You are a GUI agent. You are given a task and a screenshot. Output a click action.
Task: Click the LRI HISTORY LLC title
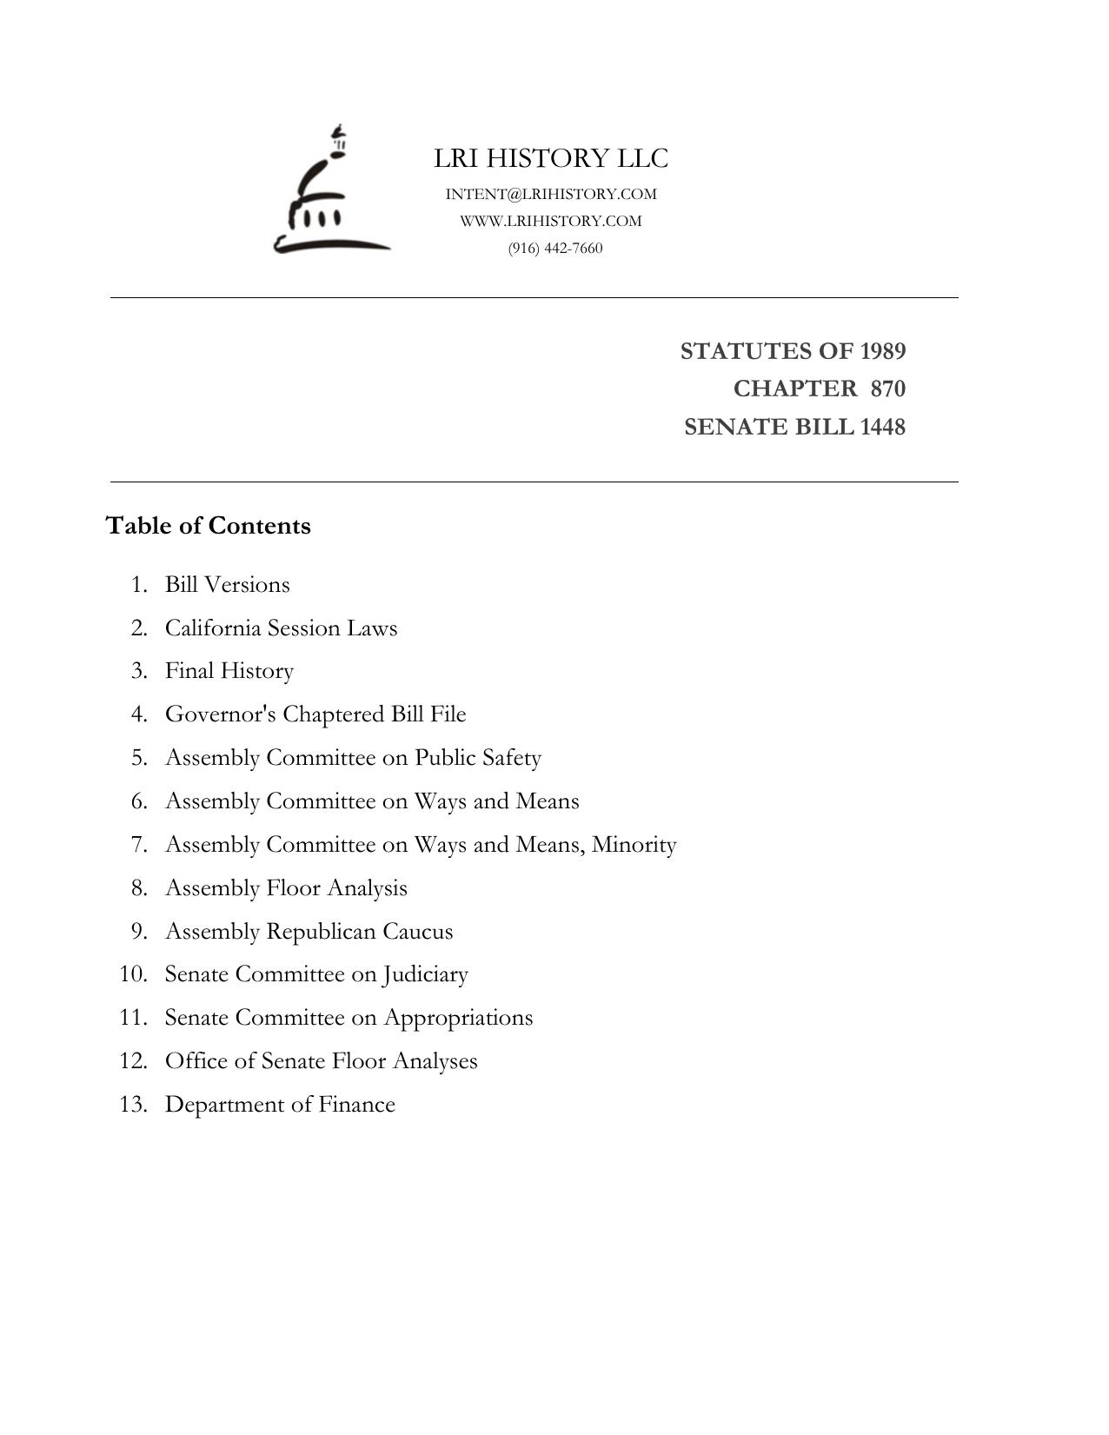coord(551,158)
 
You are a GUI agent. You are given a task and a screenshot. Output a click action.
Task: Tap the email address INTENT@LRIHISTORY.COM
coord(551,194)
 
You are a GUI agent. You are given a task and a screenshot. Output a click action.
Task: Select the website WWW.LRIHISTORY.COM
coord(551,221)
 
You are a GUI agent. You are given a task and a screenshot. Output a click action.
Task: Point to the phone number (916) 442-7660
coord(555,248)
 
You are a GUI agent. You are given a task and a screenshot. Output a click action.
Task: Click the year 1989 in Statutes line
coord(883,351)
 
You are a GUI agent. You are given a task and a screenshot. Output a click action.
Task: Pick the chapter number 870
coord(887,389)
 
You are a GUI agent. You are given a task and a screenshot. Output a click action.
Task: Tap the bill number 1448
coord(883,427)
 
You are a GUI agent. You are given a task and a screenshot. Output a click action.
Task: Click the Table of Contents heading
coord(208,526)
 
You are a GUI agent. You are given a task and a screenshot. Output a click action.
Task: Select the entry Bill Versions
coord(228,584)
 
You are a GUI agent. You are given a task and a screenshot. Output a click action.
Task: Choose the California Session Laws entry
coord(281,628)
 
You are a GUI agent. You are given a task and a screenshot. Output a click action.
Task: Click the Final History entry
coord(229,671)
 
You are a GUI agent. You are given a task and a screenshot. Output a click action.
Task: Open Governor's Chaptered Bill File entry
coord(315,714)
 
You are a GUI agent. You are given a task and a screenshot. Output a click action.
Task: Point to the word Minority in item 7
coord(634,845)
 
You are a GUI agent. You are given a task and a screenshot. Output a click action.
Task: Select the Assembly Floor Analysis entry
coord(286,888)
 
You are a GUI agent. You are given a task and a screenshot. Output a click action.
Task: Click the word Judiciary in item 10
coord(426,974)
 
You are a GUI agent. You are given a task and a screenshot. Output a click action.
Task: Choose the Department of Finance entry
coord(280,1105)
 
